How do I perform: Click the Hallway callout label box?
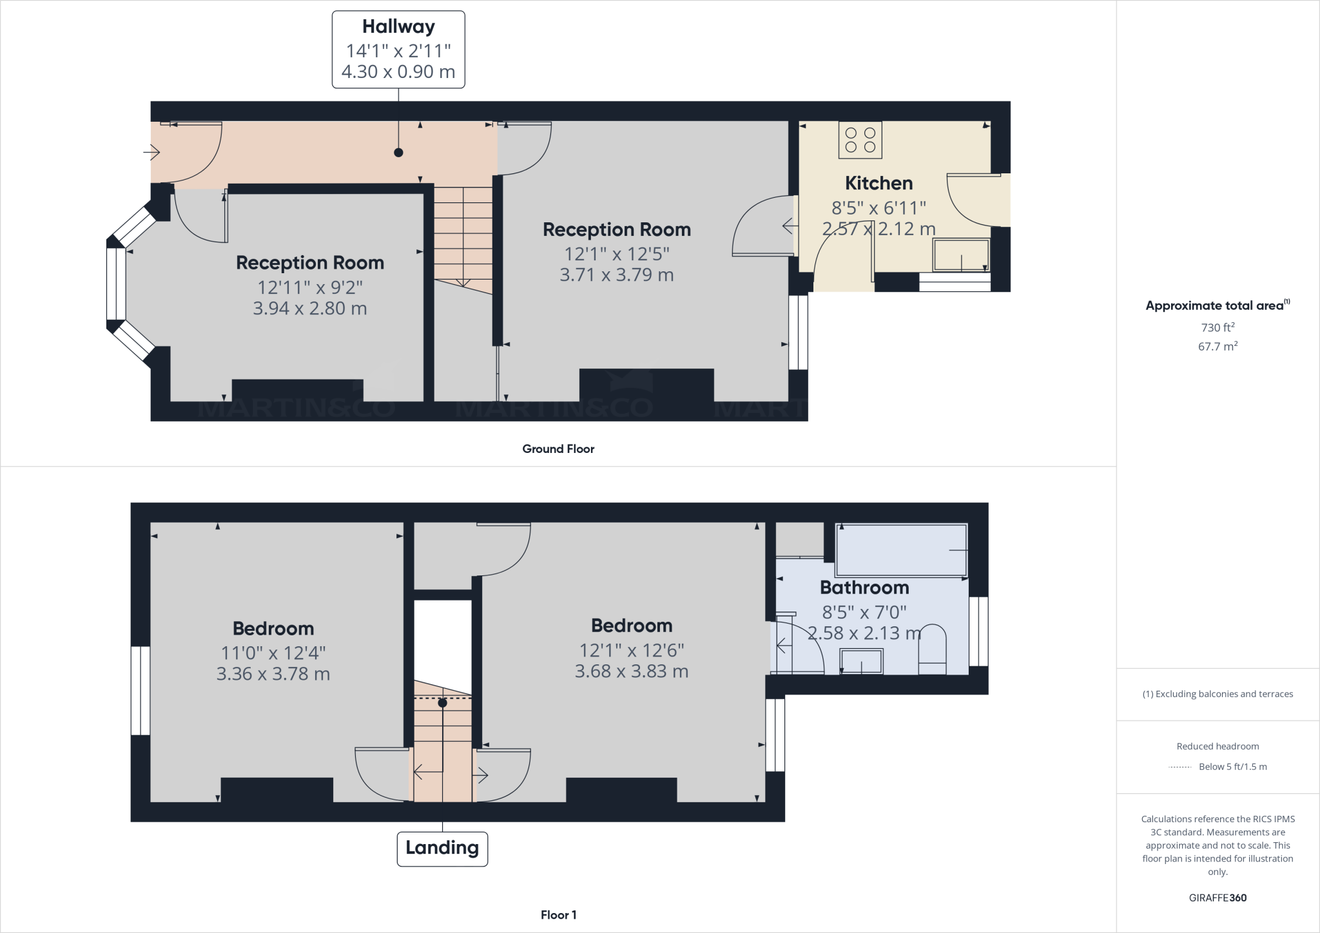click(398, 49)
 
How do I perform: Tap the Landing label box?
click(442, 849)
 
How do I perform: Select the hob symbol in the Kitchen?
click(860, 140)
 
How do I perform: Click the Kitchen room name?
click(878, 183)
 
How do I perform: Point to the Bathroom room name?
click(864, 588)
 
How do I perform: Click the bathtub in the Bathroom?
click(901, 550)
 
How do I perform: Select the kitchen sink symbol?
click(961, 255)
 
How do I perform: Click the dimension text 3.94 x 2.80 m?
click(310, 309)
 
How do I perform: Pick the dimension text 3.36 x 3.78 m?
click(273, 675)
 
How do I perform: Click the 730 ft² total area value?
click(1218, 327)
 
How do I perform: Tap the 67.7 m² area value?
click(1218, 347)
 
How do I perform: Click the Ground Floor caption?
click(558, 449)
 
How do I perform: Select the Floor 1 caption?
click(558, 915)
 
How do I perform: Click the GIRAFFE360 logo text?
click(1218, 898)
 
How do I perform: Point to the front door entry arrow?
click(151, 153)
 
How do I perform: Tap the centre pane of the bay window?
click(116, 284)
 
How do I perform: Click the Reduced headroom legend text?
click(1218, 746)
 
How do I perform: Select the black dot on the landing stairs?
click(442, 703)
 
